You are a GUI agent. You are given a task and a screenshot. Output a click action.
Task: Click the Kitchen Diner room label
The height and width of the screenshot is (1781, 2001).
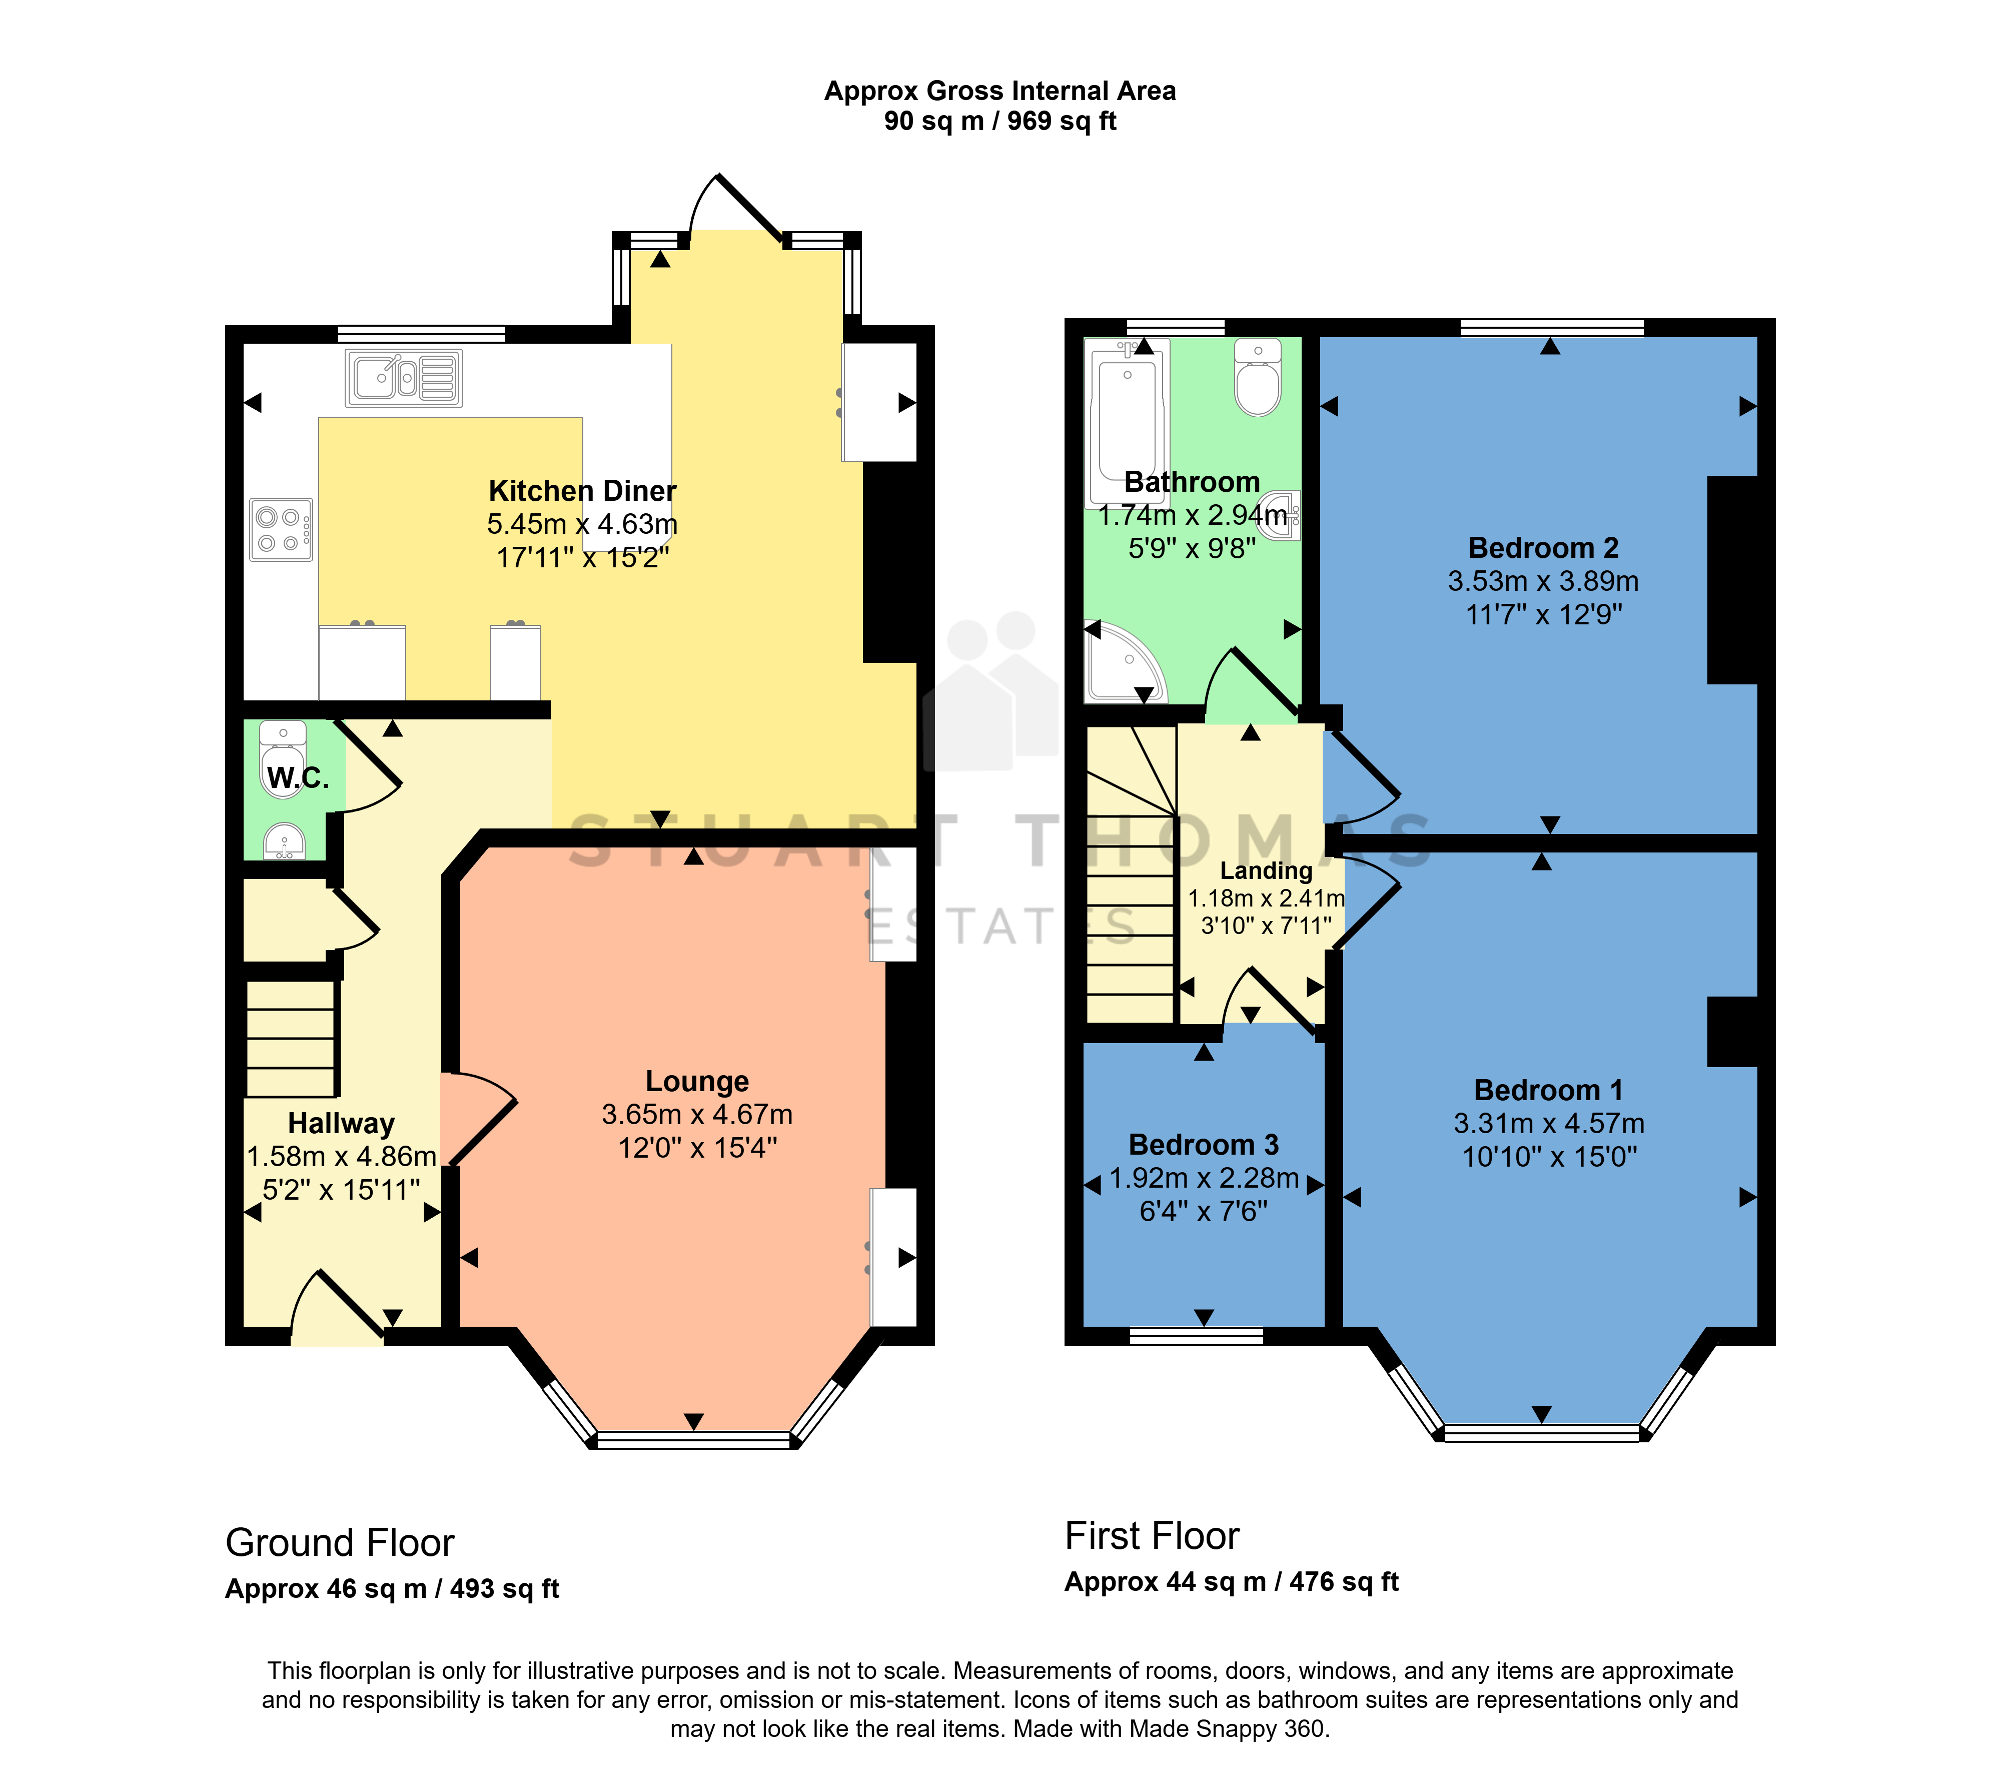click(582, 491)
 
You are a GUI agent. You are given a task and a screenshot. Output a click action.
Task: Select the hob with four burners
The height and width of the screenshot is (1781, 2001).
click(281, 530)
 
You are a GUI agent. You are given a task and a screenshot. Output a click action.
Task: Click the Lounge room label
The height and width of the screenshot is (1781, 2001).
click(697, 1081)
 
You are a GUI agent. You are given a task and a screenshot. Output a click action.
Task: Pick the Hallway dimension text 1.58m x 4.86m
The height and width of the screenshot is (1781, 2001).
click(342, 1156)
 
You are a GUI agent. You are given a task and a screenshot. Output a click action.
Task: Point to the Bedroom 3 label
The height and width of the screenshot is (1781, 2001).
click(1204, 1145)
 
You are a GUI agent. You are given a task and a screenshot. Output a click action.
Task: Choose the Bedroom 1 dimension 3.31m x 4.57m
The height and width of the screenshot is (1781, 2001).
click(1549, 1123)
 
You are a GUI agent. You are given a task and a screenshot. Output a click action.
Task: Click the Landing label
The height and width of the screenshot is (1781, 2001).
click(1266, 870)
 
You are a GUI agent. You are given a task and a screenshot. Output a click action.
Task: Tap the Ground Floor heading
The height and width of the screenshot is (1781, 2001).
click(340, 1543)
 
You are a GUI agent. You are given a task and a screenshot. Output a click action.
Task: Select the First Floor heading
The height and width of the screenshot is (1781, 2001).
click(1152, 1536)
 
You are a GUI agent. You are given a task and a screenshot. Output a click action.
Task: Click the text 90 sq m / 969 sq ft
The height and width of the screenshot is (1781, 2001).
click(1000, 122)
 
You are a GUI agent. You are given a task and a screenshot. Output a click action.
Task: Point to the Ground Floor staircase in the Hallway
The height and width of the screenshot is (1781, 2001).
click(291, 1038)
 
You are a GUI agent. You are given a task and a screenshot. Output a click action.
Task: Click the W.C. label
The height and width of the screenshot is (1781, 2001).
click(298, 778)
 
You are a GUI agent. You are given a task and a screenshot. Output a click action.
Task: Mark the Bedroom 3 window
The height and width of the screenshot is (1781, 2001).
click(1196, 1336)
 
